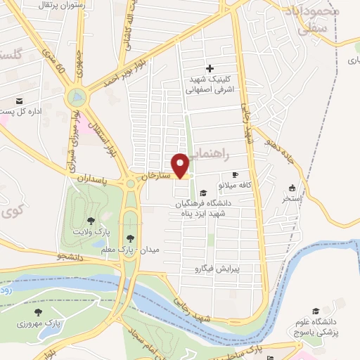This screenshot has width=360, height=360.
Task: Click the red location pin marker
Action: point(181,165)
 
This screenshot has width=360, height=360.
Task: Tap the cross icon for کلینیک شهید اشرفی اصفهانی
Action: point(209,68)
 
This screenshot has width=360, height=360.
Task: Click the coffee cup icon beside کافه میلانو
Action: point(235,174)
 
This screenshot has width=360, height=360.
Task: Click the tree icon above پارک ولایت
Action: point(91,221)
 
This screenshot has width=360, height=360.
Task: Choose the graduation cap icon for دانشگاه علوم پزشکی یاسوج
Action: point(316,311)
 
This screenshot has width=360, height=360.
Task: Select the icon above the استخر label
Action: point(292,188)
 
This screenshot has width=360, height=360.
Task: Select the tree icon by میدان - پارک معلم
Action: point(130,238)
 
